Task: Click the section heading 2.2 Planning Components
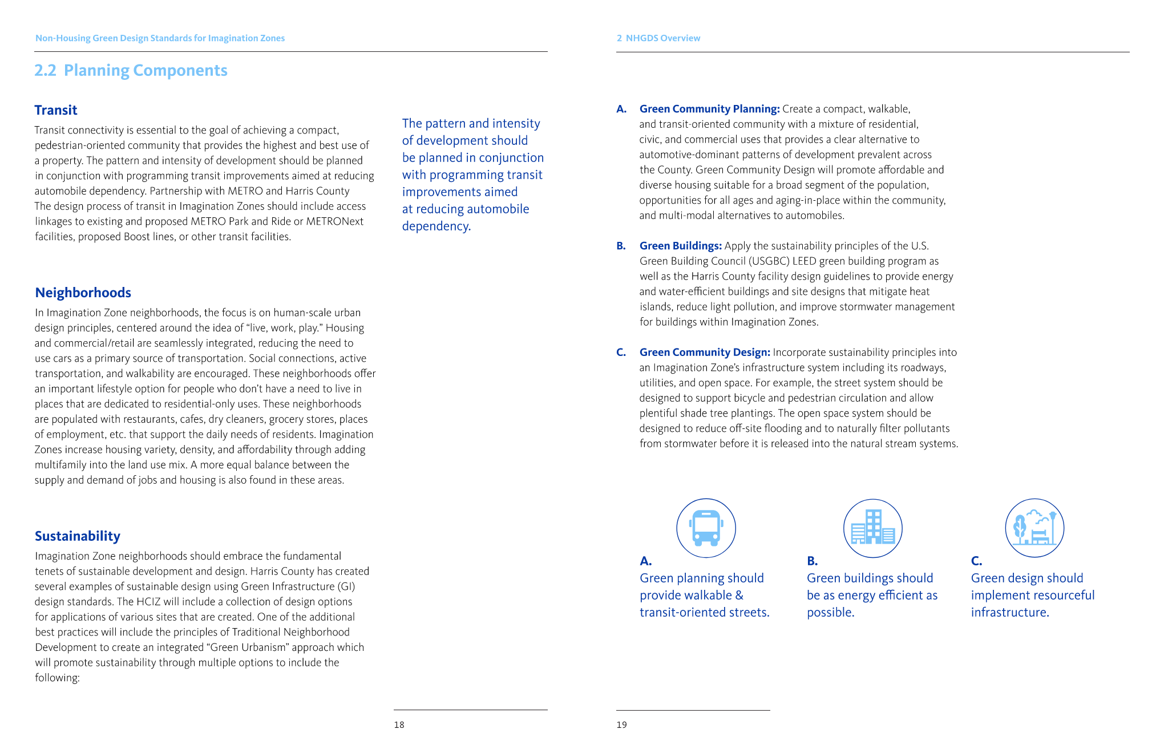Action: tap(131, 70)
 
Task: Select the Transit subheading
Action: tap(56, 110)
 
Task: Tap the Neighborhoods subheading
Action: tap(83, 293)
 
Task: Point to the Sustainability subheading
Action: tap(78, 536)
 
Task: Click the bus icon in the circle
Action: tap(706, 528)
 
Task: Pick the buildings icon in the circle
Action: tap(872, 528)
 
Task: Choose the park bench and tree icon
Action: tap(1034, 528)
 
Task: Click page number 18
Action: tap(399, 725)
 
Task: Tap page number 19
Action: tap(621, 725)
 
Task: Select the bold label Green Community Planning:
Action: tap(709, 109)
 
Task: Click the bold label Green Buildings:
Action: tap(681, 246)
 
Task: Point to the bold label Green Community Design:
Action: tap(705, 353)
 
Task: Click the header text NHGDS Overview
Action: tap(662, 38)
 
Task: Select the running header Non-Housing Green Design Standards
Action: tap(160, 38)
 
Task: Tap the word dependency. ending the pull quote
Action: tap(436, 226)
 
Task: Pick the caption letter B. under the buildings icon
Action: tap(812, 561)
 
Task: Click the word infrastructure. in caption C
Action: tap(1010, 613)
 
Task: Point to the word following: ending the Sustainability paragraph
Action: tap(57, 678)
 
